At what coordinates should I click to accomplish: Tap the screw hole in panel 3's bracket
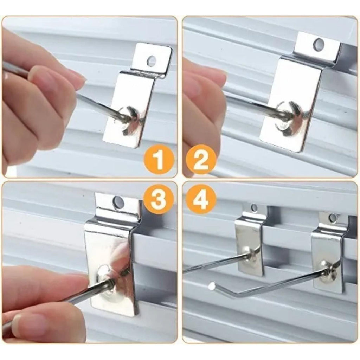pyautogui.click(x=118, y=202)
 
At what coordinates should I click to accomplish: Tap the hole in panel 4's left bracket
pyautogui.click(x=254, y=208)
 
